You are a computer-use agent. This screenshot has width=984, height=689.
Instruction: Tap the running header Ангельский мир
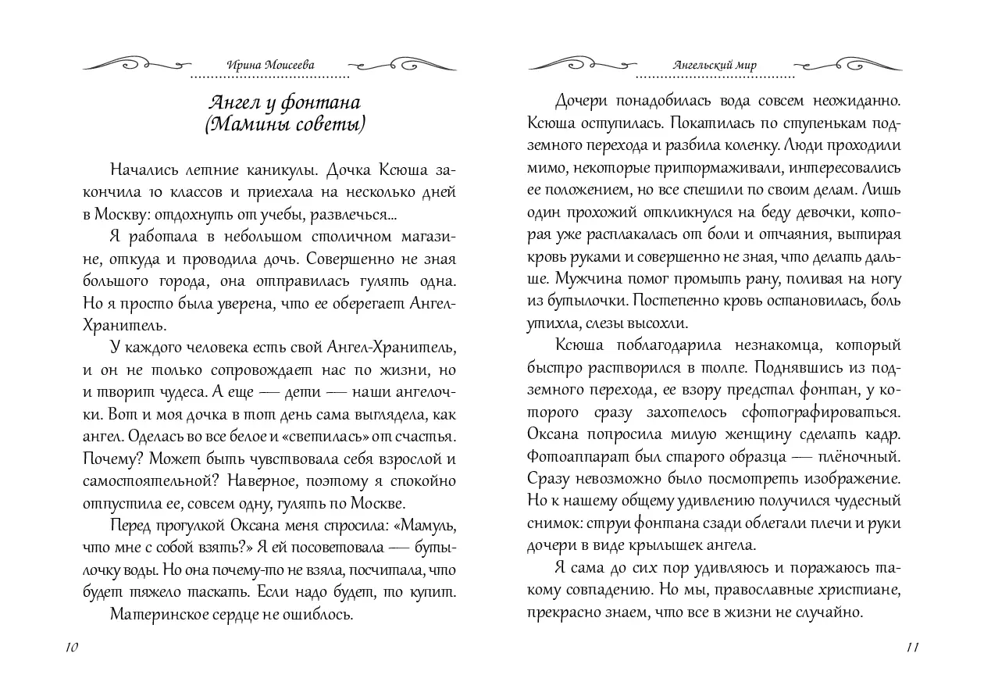point(715,66)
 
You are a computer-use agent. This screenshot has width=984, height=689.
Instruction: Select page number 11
point(913,647)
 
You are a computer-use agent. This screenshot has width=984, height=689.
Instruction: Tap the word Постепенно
point(677,300)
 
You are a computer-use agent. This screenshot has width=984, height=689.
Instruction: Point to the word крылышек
point(668,544)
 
